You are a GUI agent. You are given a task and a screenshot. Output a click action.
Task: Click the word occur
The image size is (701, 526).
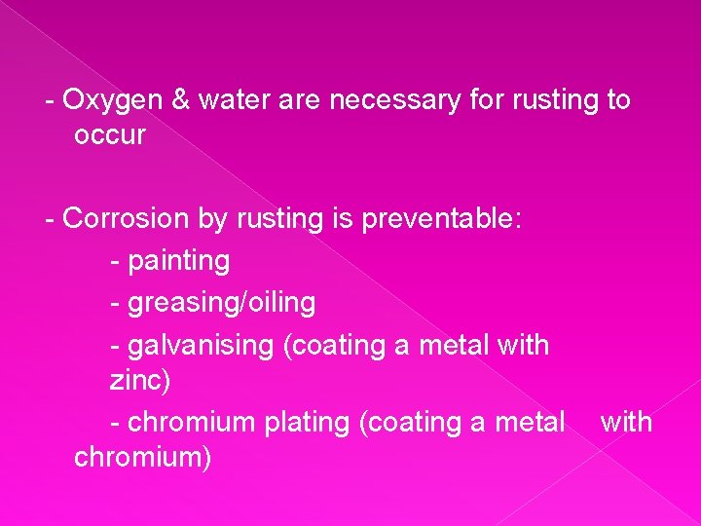tap(109, 135)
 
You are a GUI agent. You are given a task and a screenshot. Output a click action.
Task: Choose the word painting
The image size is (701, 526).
tap(178, 261)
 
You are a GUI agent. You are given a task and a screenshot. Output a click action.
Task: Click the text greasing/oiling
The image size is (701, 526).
tap(221, 303)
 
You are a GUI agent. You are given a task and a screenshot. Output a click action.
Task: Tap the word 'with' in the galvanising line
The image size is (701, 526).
tap(524, 345)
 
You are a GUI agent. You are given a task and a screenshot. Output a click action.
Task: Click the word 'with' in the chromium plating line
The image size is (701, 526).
tap(626, 422)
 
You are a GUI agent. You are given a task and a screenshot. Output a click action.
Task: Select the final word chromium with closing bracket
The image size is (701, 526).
tap(142, 457)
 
